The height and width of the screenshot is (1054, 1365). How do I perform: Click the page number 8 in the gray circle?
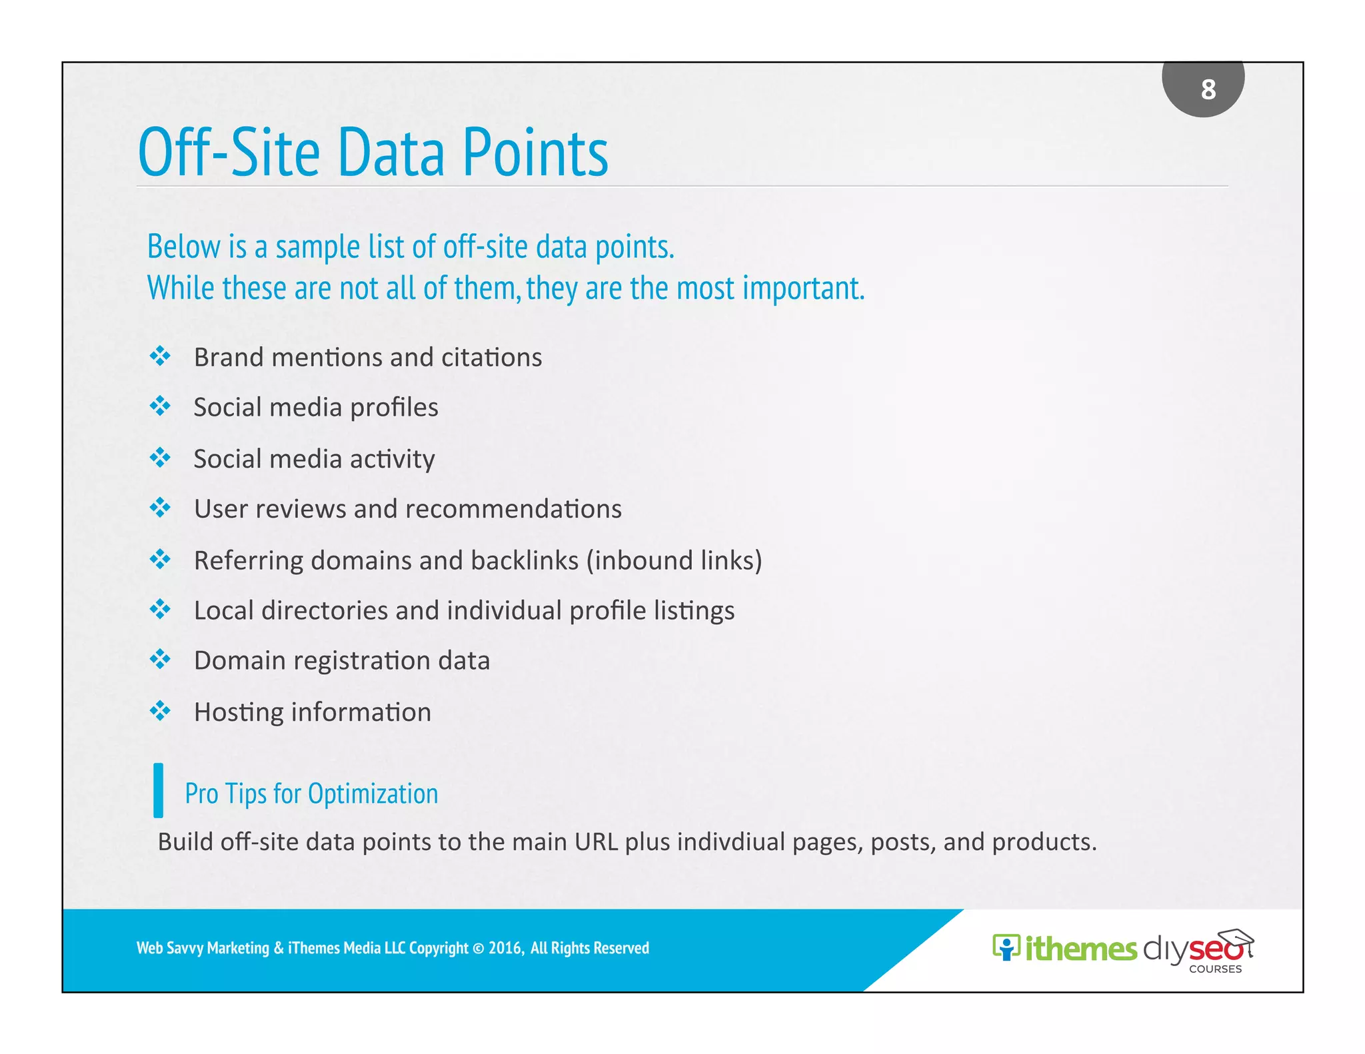pyautogui.click(x=1208, y=89)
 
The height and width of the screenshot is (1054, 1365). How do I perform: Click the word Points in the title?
pyautogui.click(x=535, y=153)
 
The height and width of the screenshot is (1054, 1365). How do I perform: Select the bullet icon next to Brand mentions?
pyautogui.click(x=160, y=356)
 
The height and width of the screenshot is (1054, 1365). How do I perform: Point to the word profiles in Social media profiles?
pyautogui.click(x=394, y=408)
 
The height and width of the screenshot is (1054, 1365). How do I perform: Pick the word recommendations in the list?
pyautogui.click(x=513, y=509)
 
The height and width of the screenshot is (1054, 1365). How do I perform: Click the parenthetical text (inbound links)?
pyautogui.click(x=674, y=560)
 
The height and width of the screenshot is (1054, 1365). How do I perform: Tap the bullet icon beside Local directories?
pyautogui.click(x=160, y=609)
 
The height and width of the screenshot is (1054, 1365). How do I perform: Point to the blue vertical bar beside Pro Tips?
pyautogui.click(x=158, y=790)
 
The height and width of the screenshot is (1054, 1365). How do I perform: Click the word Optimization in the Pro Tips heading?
pyautogui.click(x=373, y=793)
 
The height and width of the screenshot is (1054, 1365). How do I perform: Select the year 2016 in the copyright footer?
pyautogui.click(x=505, y=948)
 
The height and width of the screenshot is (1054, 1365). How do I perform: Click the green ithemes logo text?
pyautogui.click(x=1080, y=949)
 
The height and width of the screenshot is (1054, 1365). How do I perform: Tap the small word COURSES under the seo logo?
pyautogui.click(x=1214, y=969)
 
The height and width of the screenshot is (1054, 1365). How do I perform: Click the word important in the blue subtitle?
pyautogui.click(x=802, y=288)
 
